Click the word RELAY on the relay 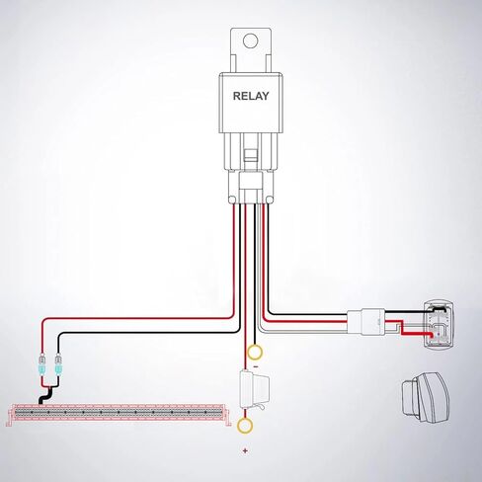[x=251, y=96]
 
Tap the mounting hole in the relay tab [x=250, y=40]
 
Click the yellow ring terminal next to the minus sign [x=255, y=353]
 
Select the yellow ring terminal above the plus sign [x=245, y=425]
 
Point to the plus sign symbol [x=245, y=450]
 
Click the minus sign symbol [x=255, y=366]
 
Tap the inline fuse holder [x=255, y=390]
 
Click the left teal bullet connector [x=42, y=364]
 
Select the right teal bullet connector [x=58, y=364]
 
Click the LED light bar [x=119, y=414]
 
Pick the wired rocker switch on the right [x=439, y=324]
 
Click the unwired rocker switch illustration [x=425, y=397]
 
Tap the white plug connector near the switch [x=366, y=322]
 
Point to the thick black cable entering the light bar [x=46, y=396]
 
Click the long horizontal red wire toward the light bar [x=138, y=318]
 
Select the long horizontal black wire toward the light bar [x=148, y=333]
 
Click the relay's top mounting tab [x=251, y=49]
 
